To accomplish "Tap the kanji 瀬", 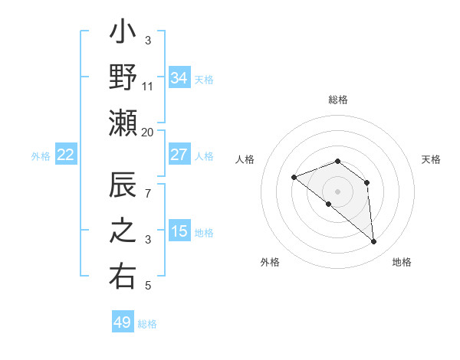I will [x=123, y=122].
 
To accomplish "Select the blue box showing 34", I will [x=179, y=77].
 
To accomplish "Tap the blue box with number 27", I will [x=179, y=155].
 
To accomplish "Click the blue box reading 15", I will [x=179, y=231].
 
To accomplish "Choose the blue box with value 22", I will [x=65, y=155].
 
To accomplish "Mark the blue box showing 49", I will [x=123, y=322].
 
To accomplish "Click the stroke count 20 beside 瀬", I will [x=148, y=132].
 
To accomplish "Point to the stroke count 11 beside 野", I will [x=148, y=86].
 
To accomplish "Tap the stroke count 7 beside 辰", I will [x=148, y=193].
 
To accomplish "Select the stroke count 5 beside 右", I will [x=148, y=286].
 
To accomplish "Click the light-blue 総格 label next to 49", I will [x=147, y=324].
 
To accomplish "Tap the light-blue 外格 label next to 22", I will [x=41, y=156].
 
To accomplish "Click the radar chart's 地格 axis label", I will [x=402, y=262].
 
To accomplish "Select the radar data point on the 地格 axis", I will [x=374, y=242].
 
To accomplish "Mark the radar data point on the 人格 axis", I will [x=294, y=177].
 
